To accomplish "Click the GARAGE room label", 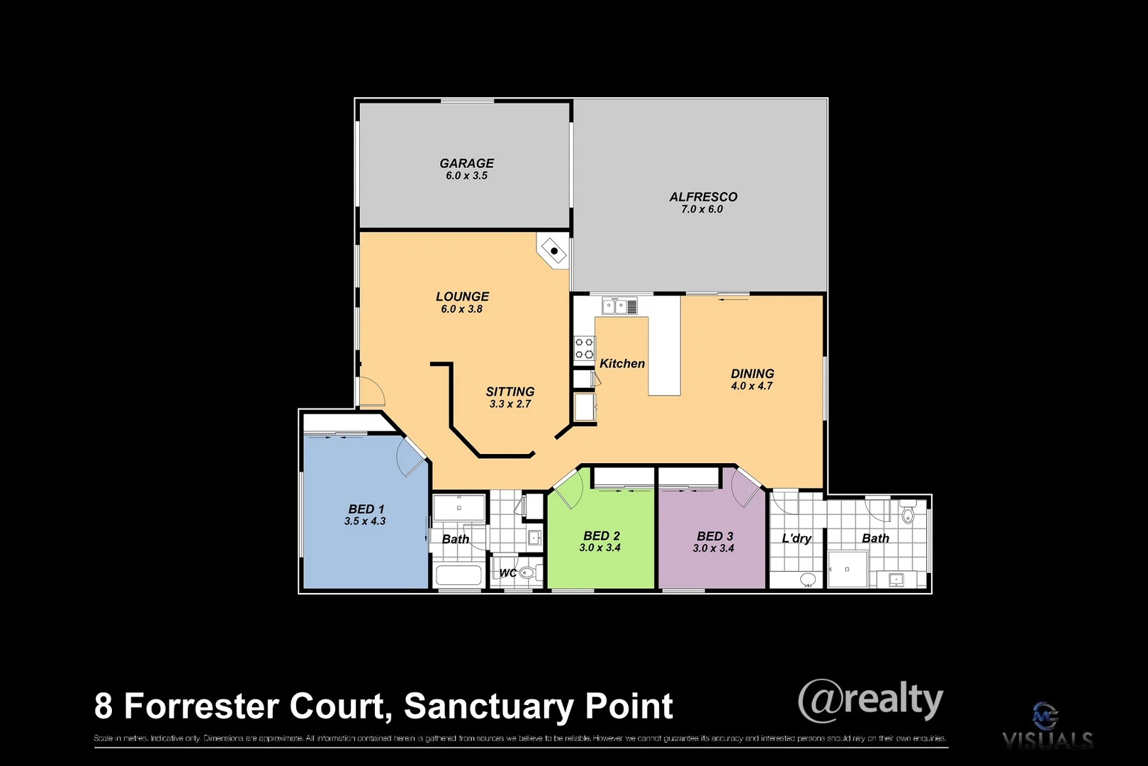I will (466, 163).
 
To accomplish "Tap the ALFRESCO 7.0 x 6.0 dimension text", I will (702, 209).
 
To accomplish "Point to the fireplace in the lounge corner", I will (553, 250).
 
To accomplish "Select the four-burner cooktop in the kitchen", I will (585, 348).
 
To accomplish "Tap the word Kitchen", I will (622, 364).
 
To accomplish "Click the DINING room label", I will (752, 374).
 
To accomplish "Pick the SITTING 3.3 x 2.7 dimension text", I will (510, 404).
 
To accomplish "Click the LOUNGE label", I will (462, 296).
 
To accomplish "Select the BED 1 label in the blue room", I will (366, 509).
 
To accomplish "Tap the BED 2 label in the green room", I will (601, 536).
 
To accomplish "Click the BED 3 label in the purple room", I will (714, 537).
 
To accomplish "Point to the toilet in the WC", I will (527, 572).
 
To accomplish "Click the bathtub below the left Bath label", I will (458, 574).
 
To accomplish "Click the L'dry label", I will (796, 538).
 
